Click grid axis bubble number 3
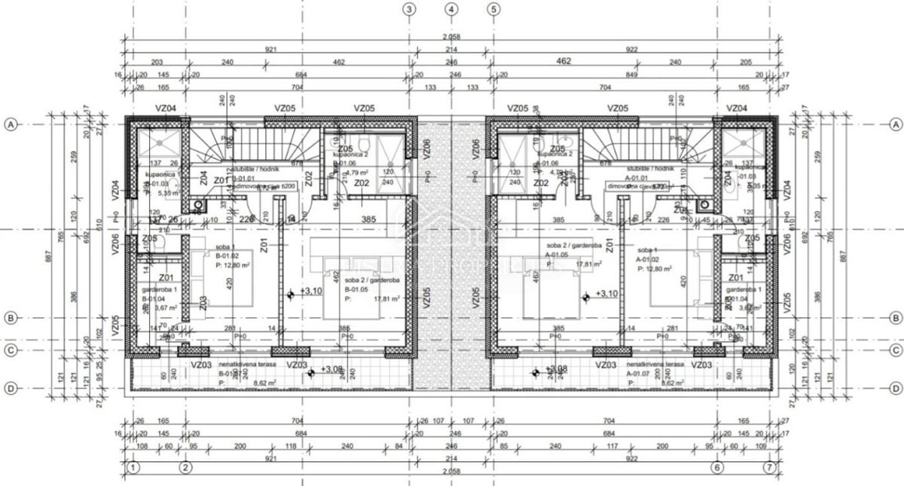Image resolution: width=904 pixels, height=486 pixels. pos(409,10)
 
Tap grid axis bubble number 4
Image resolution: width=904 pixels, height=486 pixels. pos(452,10)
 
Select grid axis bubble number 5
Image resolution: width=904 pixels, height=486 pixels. pos(494,10)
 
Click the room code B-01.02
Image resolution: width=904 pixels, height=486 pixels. pos(205,256)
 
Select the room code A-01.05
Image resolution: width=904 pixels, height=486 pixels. pos(558,255)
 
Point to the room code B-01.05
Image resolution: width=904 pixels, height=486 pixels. pos(356,289)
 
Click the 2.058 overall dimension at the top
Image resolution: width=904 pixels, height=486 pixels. pos(451,37)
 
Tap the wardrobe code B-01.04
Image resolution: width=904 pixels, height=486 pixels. pos(155,298)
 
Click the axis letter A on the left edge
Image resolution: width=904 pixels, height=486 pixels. pos(11,124)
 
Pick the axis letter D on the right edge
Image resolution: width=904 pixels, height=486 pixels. pos(895,388)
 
